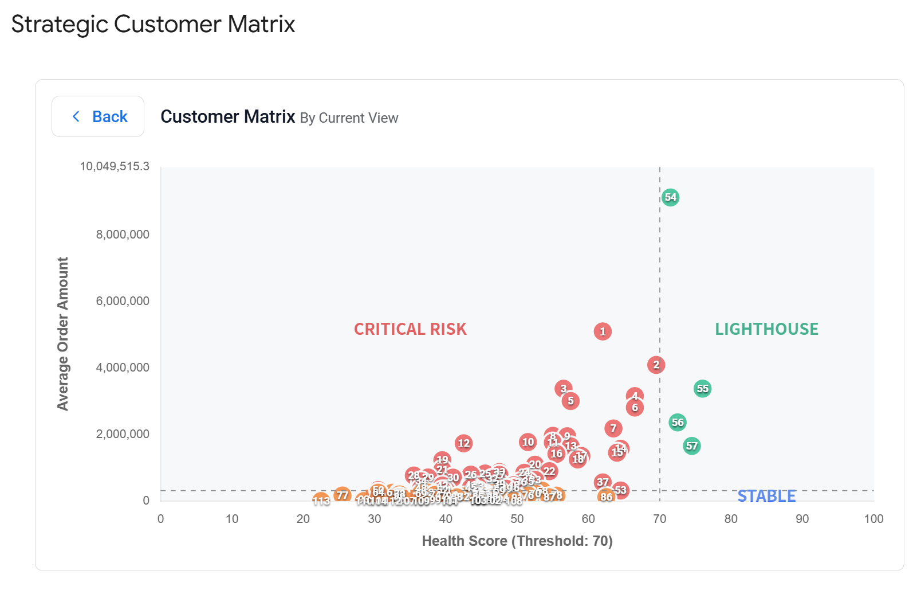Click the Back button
(98, 116)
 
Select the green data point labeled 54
(670, 197)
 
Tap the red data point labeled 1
(602, 331)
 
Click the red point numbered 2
(656, 365)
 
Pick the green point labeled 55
(702, 389)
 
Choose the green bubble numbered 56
(678, 423)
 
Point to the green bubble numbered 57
(692, 446)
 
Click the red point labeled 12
(463, 443)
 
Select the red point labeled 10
(528, 442)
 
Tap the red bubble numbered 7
(613, 428)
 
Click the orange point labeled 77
(342, 495)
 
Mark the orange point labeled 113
(321, 501)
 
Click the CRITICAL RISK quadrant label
(410, 329)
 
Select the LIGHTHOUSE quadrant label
(766, 329)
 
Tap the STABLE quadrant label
(766, 496)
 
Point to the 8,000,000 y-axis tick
(123, 235)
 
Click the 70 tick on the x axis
(659, 519)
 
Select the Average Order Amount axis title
(62, 334)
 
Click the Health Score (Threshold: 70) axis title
(517, 541)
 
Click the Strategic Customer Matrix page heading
(153, 25)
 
